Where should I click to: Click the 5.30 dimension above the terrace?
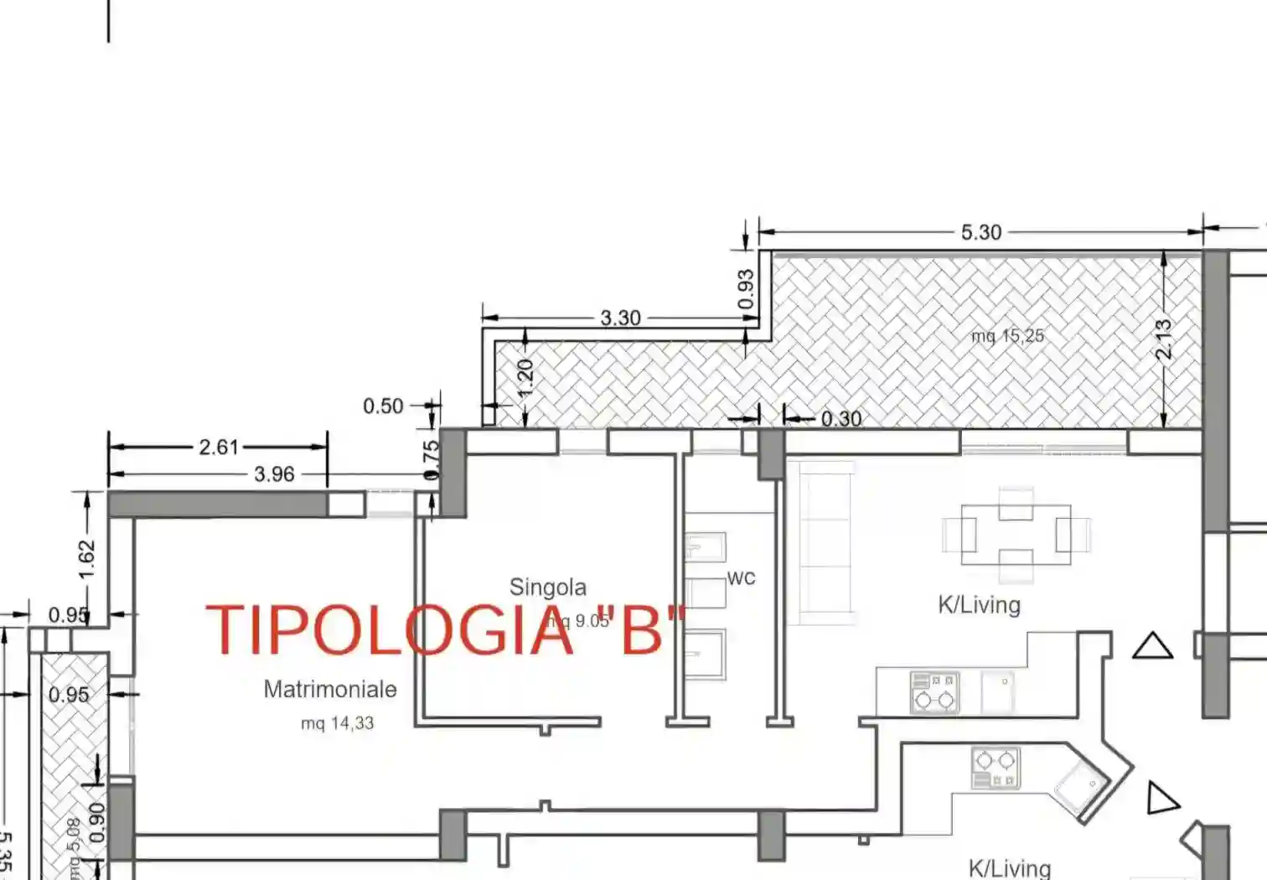(980, 232)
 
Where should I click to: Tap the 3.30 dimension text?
(620, 318)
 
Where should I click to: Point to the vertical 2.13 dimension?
(1163, 339)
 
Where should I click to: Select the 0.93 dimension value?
(746, 288)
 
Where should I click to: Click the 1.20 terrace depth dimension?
(525, 379)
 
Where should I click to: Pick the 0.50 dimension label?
(383, 406)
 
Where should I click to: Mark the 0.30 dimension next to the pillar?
(840, 418)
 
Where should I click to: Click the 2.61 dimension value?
(219, 448)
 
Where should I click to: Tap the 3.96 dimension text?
(274, 474)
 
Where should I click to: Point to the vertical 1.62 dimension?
(86, 558)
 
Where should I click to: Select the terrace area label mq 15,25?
(1007, 336)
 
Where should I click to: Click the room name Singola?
(547, 587)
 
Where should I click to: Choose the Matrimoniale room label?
(330, 689)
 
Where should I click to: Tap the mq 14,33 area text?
(337, 723)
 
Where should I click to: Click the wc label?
(741, 577)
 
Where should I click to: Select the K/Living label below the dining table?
(979, 605)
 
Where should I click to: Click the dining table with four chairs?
(1016, 534)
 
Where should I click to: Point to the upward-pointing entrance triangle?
(1152, 646)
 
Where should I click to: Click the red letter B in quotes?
(643, 630)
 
